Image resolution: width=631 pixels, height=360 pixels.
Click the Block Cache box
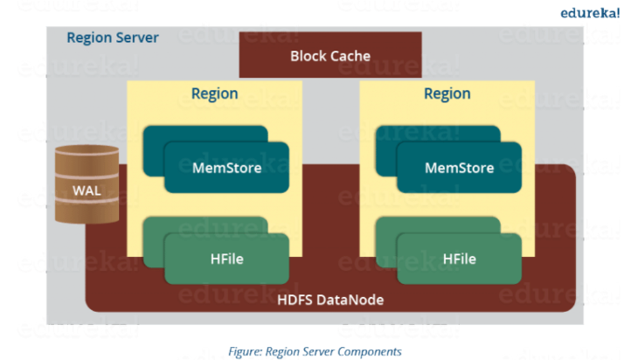(330, 55)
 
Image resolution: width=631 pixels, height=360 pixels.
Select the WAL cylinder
(87, 183)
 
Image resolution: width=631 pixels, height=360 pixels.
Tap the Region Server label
(113, 38)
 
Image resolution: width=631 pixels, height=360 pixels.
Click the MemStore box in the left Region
(226, 167)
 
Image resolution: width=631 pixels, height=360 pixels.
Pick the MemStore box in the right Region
(459, 167)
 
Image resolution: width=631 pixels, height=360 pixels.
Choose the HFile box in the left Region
(226, 259)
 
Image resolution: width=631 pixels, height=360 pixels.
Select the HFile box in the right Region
(459, 259)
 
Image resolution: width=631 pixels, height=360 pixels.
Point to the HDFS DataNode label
(330, 300)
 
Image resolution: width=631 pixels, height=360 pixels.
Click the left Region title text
(214, 93)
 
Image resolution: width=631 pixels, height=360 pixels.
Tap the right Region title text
(447, 93)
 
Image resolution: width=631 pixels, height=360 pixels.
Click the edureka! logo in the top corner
(590, 13)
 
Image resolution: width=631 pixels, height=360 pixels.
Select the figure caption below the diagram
(315, 351)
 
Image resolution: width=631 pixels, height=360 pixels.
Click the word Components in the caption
(370, 352)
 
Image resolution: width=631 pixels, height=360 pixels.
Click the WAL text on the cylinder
(87, 190)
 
